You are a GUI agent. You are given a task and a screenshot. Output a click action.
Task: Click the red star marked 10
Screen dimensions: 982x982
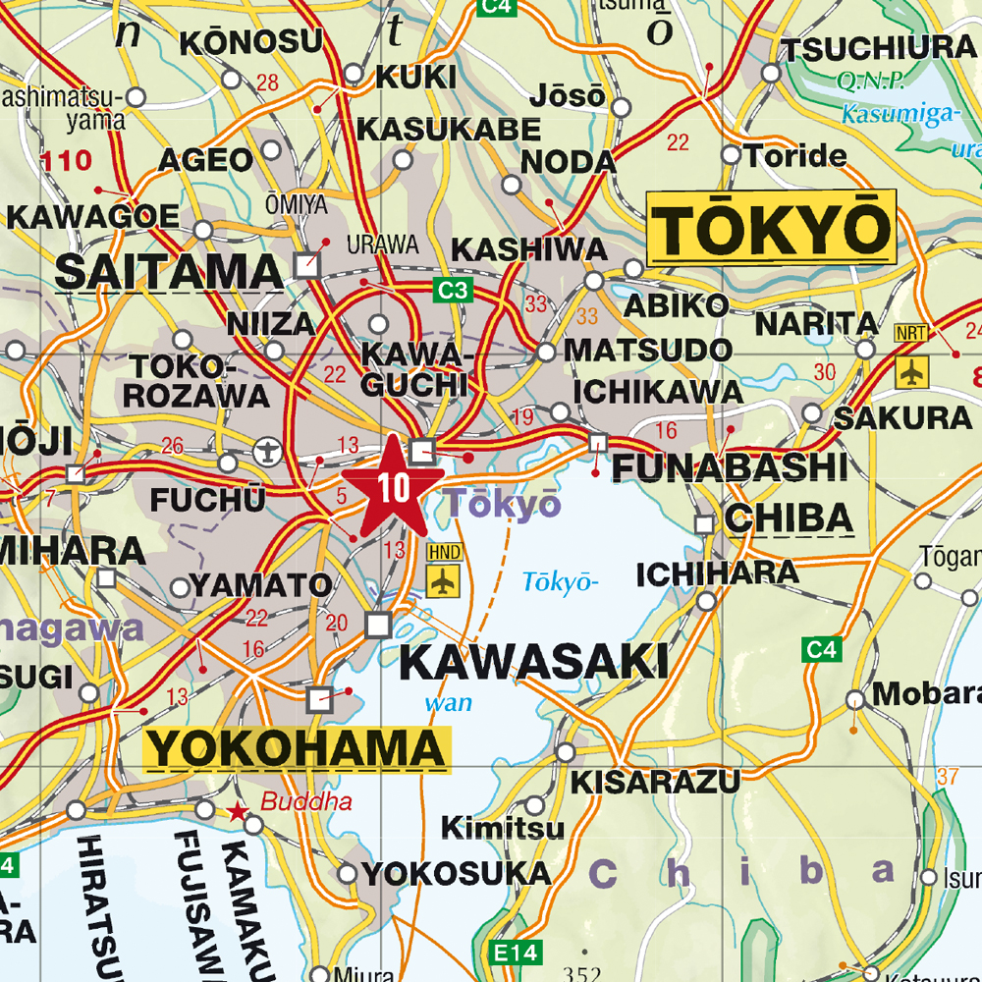pos(392,488)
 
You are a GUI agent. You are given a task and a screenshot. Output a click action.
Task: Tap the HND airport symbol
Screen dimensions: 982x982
pos(444,579)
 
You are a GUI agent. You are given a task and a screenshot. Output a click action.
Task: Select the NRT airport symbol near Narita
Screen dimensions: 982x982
pos(912,371)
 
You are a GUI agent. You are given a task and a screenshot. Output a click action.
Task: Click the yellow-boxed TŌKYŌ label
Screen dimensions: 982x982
pos(772,228)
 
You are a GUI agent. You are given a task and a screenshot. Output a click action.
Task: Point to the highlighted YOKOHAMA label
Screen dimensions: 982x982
pos(298,749)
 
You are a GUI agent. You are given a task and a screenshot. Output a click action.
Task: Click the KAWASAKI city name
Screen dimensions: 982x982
pos(534,663)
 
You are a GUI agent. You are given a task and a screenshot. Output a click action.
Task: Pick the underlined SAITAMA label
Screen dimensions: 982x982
pos(168,271)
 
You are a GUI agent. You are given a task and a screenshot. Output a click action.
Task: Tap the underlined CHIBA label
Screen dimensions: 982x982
pos(789,518)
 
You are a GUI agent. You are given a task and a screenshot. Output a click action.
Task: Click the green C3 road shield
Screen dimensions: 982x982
pos(454,291)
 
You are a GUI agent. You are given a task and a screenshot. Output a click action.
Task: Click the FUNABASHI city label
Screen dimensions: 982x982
pos(730,467)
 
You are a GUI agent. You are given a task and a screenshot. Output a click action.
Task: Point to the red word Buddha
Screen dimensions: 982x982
pos(306,801)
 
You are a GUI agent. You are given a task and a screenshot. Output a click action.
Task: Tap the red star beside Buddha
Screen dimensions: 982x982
pos(237,812)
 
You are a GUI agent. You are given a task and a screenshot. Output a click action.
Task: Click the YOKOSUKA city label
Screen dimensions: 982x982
pos(457,873)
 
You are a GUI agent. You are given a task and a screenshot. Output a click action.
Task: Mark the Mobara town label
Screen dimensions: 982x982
pos(926,693)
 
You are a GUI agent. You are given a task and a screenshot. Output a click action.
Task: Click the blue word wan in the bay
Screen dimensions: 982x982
pos(448,702)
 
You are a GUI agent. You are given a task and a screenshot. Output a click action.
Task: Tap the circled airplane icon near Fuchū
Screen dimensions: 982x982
pos(266,452)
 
